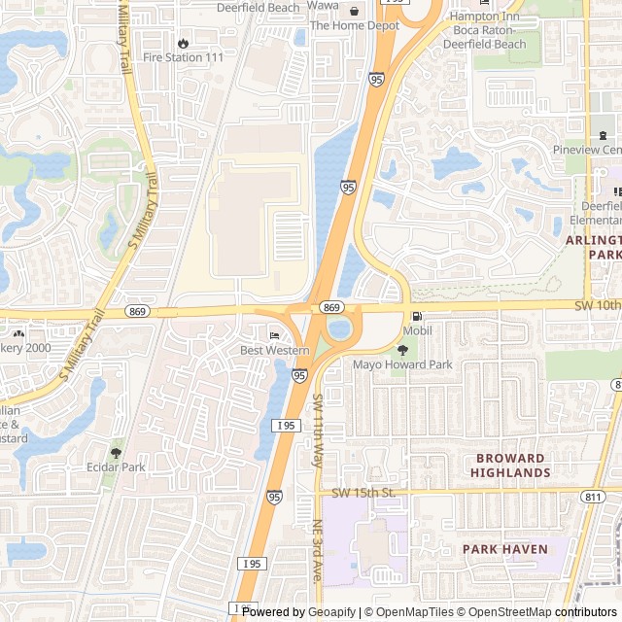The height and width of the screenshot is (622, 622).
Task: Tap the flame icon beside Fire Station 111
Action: tap(184, 43)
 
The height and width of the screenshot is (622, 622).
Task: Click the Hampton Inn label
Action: tap(485, 17)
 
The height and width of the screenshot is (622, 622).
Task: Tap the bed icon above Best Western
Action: tap(273, 335)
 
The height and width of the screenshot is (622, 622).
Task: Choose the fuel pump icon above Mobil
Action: tap(417, 316)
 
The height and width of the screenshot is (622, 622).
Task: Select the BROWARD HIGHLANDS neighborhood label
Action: tap(510, 465)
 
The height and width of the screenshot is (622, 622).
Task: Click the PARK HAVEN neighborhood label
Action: tap(504, 549)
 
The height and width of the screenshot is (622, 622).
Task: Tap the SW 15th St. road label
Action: tap(364, 493)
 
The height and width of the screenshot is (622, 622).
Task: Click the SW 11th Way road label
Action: tap(318, 432)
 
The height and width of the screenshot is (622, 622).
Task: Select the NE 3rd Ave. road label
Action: tap(317, 550)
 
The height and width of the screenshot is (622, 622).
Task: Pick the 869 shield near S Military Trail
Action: tap(136, 310)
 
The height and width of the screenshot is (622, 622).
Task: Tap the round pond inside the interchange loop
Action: tap(340, 328)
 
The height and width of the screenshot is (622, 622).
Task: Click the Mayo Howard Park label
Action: tap(402, 365)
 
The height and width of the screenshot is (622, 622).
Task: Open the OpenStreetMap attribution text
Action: tap(505, 612)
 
